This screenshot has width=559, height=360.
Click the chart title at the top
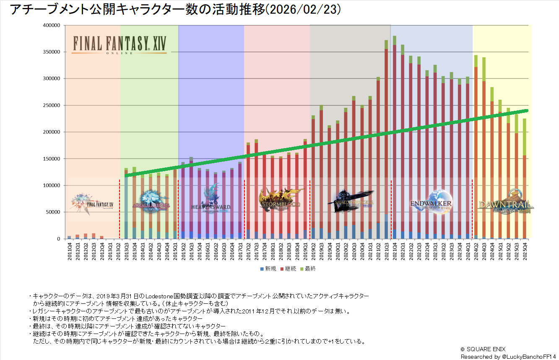[x=175, y=10]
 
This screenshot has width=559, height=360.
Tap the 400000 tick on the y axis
[x=52, y=25]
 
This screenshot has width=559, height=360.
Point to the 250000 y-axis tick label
[x=52, y=105]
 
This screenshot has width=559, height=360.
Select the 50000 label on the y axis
[x=53, y=212]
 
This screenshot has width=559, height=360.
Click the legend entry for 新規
[x=268, y=269]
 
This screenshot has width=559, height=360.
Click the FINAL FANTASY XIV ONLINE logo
[x=120, y=44]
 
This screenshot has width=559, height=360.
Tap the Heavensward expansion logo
[x=211, y=201]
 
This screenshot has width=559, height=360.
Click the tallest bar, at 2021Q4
[x=394, y=138]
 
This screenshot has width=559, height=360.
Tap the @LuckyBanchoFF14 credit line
[x=508, y=356]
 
